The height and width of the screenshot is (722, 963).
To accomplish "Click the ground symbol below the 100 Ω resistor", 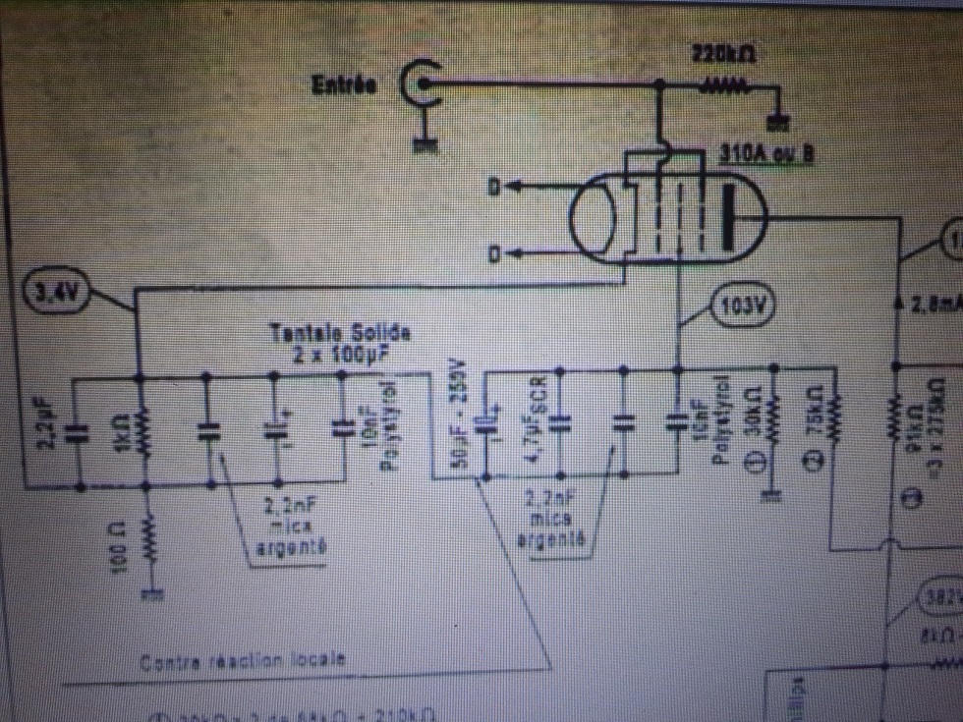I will click(150, 593).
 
